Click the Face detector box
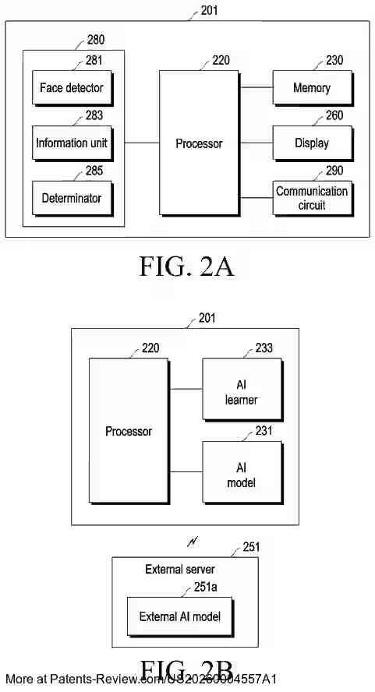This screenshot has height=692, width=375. coord(71,88)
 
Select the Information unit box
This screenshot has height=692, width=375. coord(71,143)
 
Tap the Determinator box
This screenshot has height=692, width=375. coord(71,198)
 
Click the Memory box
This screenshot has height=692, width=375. coord(311,88)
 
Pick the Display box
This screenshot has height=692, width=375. coord(311,143)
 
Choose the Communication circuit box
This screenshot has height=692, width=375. coord(311,198)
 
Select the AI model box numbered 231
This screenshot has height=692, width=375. coord(241,475)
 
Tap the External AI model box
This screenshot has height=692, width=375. coord(179,616)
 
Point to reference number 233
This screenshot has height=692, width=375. coord(264,348)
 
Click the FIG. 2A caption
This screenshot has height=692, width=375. coord(187,267)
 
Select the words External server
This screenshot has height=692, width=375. coord(180,570)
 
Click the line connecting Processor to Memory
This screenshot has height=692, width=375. coord(256,88)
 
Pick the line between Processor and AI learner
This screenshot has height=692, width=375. coord(186,388)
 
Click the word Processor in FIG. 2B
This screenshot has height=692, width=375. coord(129,431)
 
